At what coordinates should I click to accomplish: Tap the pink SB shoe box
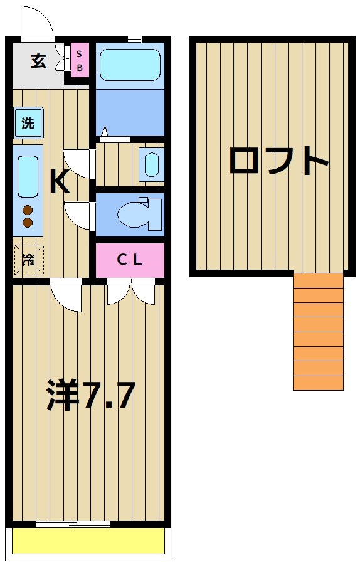80,60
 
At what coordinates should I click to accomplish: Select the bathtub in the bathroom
130,63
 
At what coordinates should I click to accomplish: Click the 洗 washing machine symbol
28,123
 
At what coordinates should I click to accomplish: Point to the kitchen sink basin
28,176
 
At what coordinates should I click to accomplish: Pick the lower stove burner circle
28,222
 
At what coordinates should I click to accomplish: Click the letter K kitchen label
59,183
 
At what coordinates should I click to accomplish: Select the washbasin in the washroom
152,164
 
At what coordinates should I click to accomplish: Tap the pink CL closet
130,260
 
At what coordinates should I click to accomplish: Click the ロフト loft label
278,161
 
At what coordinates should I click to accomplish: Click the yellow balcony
88,541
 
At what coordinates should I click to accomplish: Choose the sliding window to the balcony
73,524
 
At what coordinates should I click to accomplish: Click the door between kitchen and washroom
78,162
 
